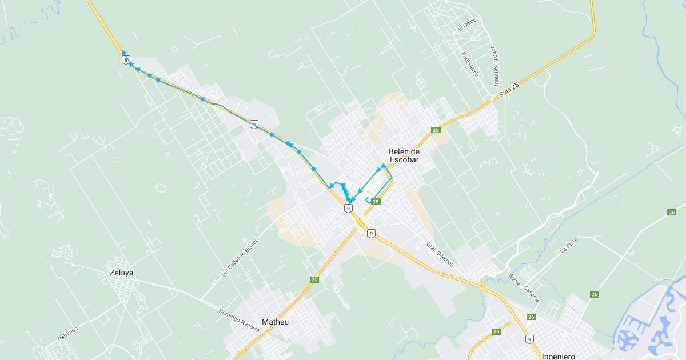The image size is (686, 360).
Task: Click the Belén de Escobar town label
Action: tap(404, 155)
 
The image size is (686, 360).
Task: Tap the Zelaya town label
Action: tap(121, 273)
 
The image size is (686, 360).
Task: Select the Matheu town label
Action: tap(275, 322)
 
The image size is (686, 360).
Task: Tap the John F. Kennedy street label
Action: tap(495, 66)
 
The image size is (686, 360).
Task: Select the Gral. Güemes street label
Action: tap(440, 254)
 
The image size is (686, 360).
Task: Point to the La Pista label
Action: tap(569, 245)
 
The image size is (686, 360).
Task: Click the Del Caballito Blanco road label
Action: tap(240, 257)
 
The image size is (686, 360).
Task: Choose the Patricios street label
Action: tap(68, 334)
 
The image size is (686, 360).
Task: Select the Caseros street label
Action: tap(531, 289)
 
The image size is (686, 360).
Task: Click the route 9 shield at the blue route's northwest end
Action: tap(125, 59)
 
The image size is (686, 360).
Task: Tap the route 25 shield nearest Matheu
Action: tap(314, 279)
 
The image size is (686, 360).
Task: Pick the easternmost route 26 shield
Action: tap(671, 213)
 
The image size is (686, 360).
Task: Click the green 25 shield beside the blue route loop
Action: tap(376, 201)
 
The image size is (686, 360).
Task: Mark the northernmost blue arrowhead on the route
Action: tap(123, 52)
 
